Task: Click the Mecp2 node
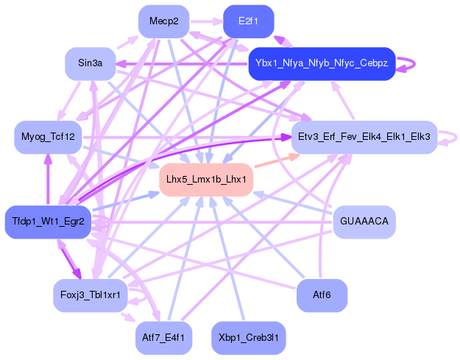point(163,21)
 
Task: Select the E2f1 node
point(248,21)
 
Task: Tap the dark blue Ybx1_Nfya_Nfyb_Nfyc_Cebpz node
point(322,63)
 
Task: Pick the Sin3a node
point(91,63)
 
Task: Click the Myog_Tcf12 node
point(48,137)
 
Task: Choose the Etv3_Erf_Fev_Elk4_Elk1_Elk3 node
point(364,137)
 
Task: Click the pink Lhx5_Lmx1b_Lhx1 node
point(206,179)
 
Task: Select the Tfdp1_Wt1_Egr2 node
point(48,222)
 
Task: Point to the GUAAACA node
point(364,222)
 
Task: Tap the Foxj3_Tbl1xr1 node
point(91,295)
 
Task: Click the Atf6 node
point(322,295)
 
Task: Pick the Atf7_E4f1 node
point(163,337)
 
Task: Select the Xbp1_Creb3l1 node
point(248,337)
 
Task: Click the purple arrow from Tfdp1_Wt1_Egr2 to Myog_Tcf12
point(49,180)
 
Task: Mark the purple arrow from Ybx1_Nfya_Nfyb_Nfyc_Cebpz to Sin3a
point(184,65)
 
